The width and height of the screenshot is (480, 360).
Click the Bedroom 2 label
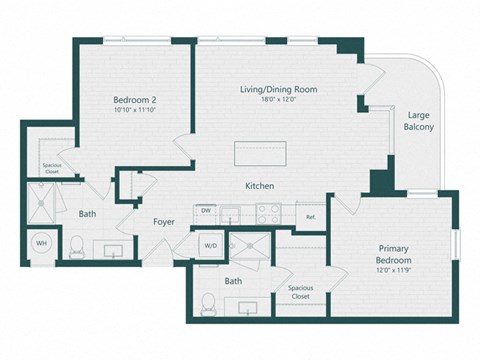tap(133, 99)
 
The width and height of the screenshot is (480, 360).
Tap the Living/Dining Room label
tap(278, 90)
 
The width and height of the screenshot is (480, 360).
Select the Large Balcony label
tap(419, 121)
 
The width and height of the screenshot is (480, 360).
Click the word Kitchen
tap(260, 187)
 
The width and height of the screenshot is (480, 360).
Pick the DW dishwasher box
tap(205, 212)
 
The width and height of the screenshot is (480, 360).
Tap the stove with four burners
tap(268, 213)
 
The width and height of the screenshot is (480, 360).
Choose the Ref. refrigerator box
tap(310, 216)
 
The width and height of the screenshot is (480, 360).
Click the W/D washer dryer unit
tap(211, 244)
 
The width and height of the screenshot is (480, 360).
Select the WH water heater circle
tap(42, 243)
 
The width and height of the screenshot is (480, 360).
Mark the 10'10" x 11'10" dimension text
tap(133, 111)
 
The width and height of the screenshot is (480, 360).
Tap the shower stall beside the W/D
tap(247, 247)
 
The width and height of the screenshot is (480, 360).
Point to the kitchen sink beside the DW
tap(231, 213)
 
